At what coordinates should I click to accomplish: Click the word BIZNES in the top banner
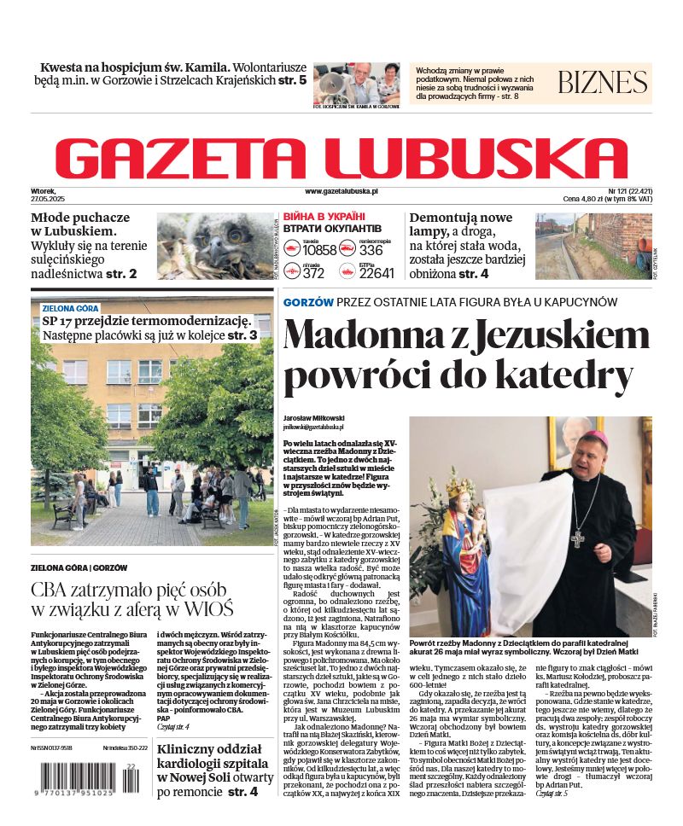(x=603, y=82)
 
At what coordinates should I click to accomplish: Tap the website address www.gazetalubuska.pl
(x=341, y=192)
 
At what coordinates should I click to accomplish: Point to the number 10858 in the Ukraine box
(x=319, y=251)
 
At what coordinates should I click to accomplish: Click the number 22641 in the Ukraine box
(x=377, y=273)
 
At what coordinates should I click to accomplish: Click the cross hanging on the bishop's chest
(x=578, y=538)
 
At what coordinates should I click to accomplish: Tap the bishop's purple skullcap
(x=602, y=437)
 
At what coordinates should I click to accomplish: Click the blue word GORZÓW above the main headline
(x=308, y=302)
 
